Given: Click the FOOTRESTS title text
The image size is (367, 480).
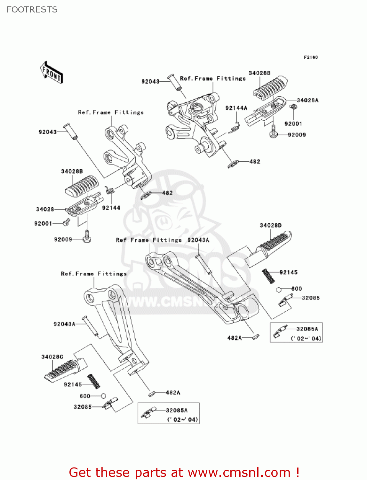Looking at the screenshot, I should pyautogui.click(x=32, y=10).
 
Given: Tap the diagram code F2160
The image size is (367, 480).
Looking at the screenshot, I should pyautogui.click(x=311, y=57).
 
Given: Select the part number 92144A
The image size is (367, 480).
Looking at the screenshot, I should pyautogui.click(x=236, y=108).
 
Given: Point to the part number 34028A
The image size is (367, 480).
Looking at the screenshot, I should pyautogui.click(x=307, y=100).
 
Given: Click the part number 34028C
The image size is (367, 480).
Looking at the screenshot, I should pyautogui.click(x=52, y=357).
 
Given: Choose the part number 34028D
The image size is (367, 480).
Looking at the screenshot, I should pyautogui.click(x=270, y=225).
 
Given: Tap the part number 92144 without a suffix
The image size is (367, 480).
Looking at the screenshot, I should pyautogui.click(x=111, y=208).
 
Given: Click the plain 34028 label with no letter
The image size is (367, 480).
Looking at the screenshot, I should pyautogui.click(x=45, y=209).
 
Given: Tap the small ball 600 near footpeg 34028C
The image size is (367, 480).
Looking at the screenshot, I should pyautogui.click(x=103, y=396).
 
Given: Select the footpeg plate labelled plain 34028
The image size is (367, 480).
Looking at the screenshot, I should pyautogui.click(x=84, y=205).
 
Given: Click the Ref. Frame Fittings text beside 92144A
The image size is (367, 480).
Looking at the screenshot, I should pyautogui.click(x=213, y=78).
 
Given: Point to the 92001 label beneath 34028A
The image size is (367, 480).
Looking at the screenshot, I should pyautogui.click(x=293, y=124).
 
